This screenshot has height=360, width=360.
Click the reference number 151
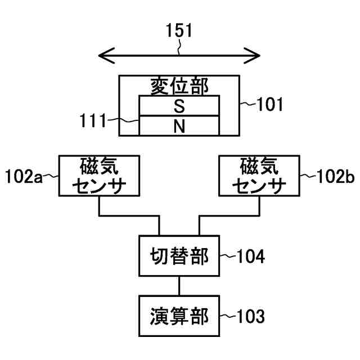(x=179, y=31)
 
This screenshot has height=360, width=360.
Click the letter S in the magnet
(x=179, y=106)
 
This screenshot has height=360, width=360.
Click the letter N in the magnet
(x=179, y=126)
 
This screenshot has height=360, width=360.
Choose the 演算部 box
(x=179, y=317)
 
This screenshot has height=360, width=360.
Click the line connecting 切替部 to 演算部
(x=179, y=287)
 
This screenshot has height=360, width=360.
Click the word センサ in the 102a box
(x=99, y=185)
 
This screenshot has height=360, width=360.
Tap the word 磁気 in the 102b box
(x=259, y=166)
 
